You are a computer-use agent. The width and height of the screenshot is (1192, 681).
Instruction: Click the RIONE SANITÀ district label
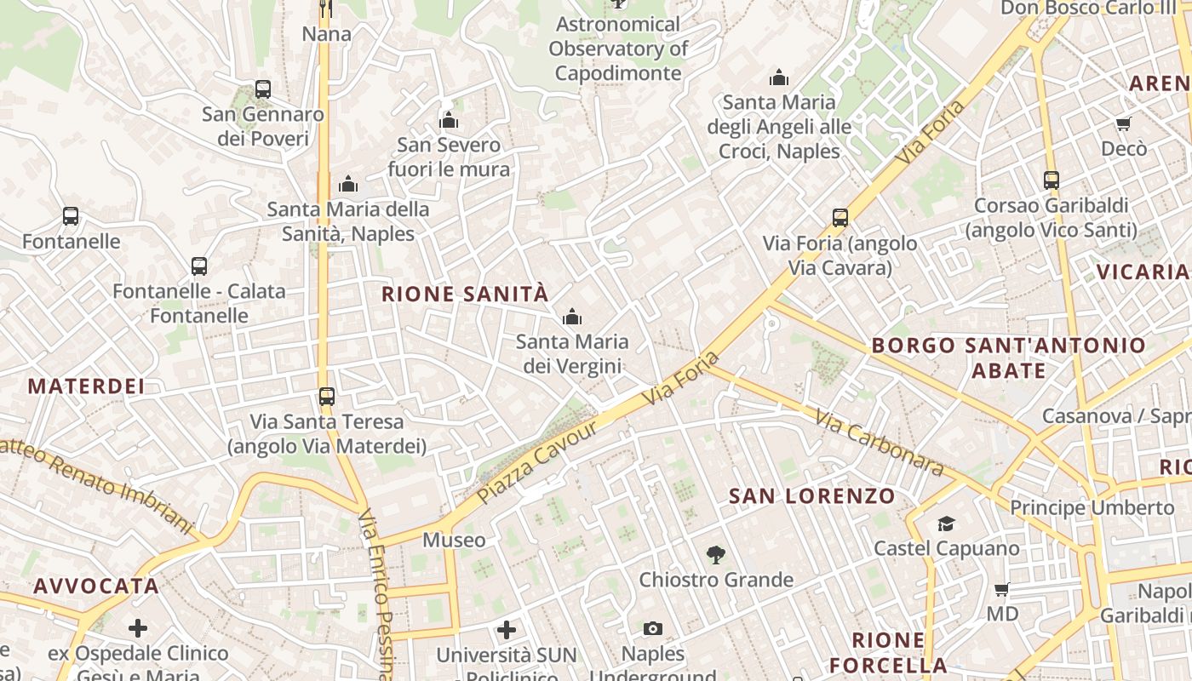(x=465, y=295)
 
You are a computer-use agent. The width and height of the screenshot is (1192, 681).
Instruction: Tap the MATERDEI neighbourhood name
(x=86, y=386)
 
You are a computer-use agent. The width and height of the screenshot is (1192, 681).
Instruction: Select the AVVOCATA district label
(x=96, y=587)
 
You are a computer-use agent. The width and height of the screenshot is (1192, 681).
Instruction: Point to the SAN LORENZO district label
(x=812, y=496)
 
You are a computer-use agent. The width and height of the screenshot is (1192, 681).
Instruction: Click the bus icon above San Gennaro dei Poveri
(x=263, y=89)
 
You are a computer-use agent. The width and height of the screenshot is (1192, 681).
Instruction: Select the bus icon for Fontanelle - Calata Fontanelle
(x=199, y=266)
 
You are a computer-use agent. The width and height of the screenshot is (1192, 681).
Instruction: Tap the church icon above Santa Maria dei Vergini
(x=572, y=318)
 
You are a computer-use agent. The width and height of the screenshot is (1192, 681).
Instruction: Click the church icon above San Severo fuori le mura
(x=449, y=121)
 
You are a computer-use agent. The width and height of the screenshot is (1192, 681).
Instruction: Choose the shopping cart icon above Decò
(x=1124, y=124)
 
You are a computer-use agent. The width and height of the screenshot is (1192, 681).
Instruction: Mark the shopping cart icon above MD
(x=1002, y=589)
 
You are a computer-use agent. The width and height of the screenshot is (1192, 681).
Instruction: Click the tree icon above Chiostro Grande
(x=716, y=555)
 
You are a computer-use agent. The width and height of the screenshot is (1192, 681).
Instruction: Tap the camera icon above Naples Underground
(x=653, y=629)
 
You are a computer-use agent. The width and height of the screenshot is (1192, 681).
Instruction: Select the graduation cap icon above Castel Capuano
(x=946, y=524)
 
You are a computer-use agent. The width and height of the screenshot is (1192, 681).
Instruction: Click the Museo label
(x=454, y=541)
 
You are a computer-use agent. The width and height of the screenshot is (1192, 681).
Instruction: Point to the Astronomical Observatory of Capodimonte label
(x=618, y=49)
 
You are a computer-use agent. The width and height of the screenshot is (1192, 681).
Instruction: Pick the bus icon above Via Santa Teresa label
(x=327, y=397)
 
